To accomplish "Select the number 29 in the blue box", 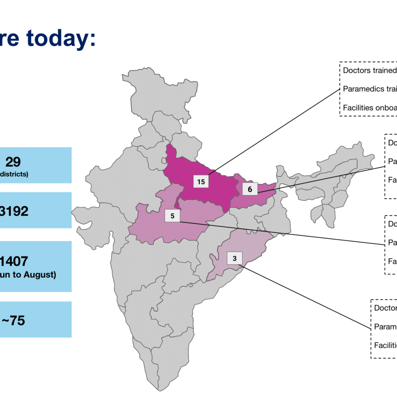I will [x=13, y=162].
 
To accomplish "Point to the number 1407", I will [x=14, y=261].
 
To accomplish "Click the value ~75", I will [x=14, y=320].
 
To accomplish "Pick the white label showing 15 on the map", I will [x=201, y=182].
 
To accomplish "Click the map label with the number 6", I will [x=250, y=189].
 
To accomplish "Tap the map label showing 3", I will [x=235, y=259].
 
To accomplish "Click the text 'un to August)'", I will [x=28, y=275].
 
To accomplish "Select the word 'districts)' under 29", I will [x=14, y=174].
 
